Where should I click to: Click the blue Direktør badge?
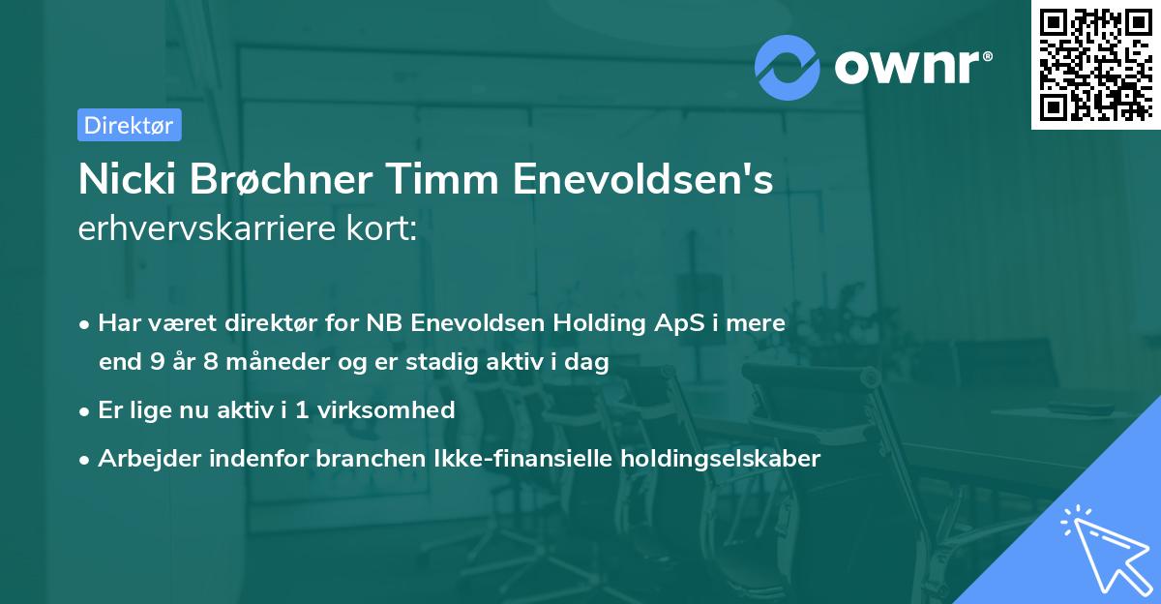click(x=129, y=125)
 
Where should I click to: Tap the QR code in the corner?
click(x=1094, y=65)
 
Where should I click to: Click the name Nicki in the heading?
click(x=121, y=179)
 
